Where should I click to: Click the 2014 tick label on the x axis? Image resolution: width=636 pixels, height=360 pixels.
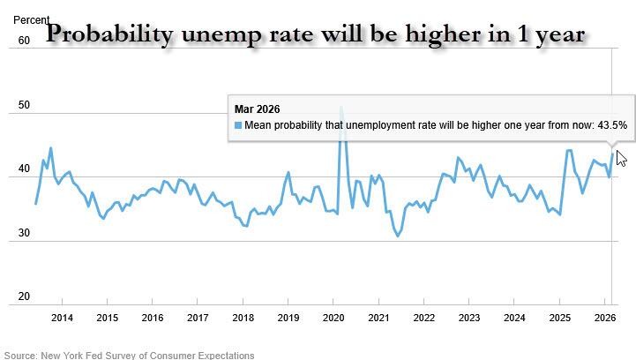pyautogui.click(x=62, y=318)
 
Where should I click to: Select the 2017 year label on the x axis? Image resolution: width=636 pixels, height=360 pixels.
pyautogui.click(x=198, y=318)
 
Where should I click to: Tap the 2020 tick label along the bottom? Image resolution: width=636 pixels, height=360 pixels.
pyautogui.click(x=333, y=318)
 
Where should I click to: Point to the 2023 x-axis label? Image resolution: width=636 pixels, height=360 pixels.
pyautogui.click(x=469, y=318)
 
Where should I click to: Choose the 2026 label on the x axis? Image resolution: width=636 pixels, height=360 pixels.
pyautogui.click(x=605, y=318)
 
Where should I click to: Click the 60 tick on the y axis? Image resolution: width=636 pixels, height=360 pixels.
pyautogui.click(x=24, y=40)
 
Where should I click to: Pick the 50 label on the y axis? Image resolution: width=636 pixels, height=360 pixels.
pyautogui.click(x=24, y=105)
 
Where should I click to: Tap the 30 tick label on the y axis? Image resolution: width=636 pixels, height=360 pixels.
pyautogui.click(x=24, y=233)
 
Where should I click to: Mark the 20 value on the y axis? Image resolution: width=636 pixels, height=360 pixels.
pyautogui.click(x=24, y=297)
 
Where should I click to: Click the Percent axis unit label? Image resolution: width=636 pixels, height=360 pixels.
pyautogui.click(x=32, y=19)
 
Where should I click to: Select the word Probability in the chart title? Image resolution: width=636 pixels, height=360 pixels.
pyautogui.click(x=108, y=34)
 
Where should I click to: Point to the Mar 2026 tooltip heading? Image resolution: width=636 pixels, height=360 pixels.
pyautogui.click(x=258, y=109)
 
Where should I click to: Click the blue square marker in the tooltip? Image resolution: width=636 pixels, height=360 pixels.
pyautogui.click(x=237, y=125)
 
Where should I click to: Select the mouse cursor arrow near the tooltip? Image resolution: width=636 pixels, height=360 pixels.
pyautogui.click(x=621, y=158)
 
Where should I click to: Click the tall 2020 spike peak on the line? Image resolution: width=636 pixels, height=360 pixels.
pyautogui.click(x=341, y=109)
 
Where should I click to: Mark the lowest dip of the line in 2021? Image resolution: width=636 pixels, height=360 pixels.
pyautogui.click(x=398, y=236)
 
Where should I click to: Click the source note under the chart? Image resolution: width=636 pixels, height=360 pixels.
pyautogui.click(x=129, y=355)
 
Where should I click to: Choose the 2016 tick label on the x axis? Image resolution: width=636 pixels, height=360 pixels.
pyautogui.click(x=153, y=318)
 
